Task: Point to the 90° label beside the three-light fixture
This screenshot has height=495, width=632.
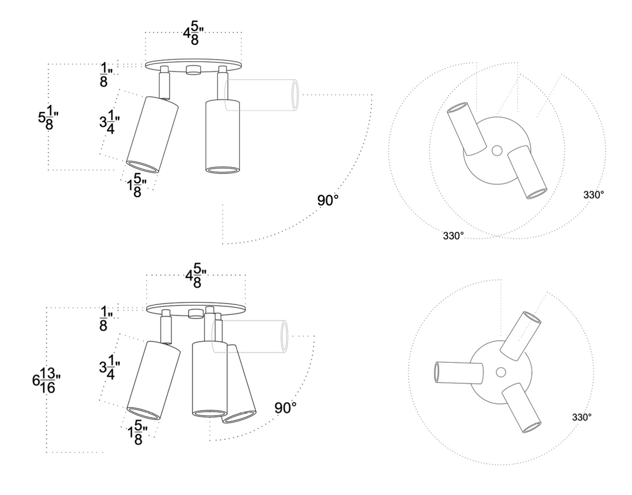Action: (x=285, y=408)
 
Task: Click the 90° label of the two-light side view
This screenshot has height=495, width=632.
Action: (x=328, y=201)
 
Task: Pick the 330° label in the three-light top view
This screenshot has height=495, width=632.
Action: (x=581, y=417)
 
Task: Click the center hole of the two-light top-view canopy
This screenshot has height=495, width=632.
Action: (x=496, y=151)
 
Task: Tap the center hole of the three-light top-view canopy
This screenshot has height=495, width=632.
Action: (x=501, y=372)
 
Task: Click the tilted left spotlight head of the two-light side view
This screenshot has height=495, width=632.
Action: (x=152, y=135)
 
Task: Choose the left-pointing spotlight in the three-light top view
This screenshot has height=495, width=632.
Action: (x=458, y=373)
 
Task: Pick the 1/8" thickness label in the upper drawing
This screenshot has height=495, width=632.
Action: (x=104, y=74)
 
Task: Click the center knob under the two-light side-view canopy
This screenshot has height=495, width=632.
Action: (x=194, y=70)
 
